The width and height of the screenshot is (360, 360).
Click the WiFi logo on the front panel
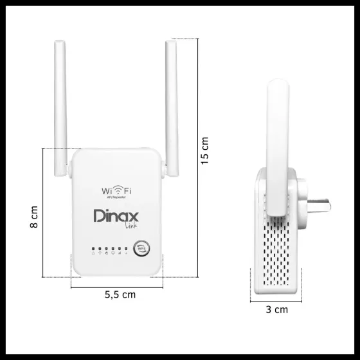pyautogui.click(x=116, y=191)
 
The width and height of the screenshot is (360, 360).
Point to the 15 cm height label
pyautogui.click(x=205, y=149)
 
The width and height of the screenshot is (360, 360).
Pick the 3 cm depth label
pyautogui.click(x=277, y=309)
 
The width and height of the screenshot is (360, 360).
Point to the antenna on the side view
pyautogui.click(x=277, y=148)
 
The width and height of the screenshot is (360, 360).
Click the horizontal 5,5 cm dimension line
pyautogui.click(x=116, y=285)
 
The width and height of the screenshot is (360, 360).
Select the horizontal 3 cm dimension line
pyautogui.click(x=277, y=300)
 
